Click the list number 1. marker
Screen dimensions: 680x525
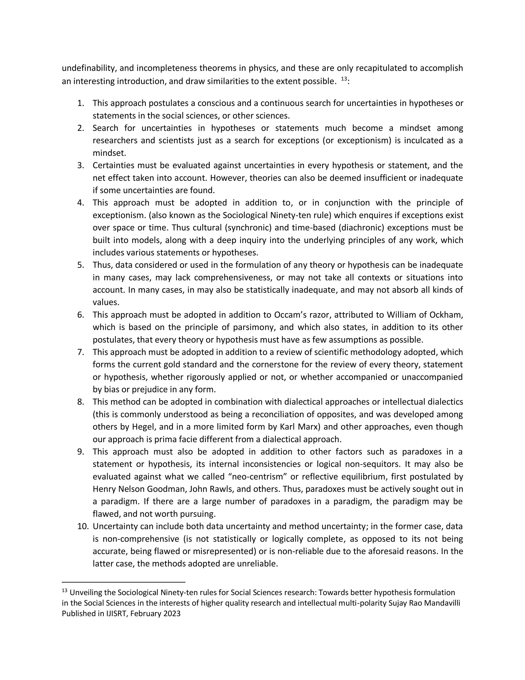coord(80,103)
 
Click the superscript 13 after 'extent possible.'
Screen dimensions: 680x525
coord(344,79)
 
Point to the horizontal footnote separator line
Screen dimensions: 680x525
coord(124,582)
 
